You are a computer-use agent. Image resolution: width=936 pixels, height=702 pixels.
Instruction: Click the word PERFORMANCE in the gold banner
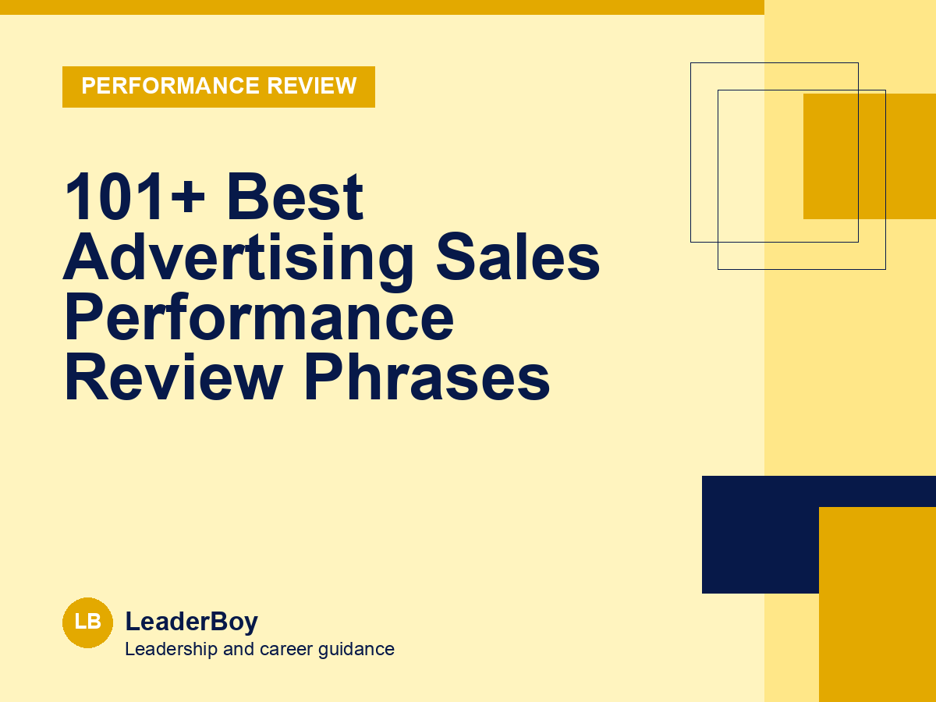171,86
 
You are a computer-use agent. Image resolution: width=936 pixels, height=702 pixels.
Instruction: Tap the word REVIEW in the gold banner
312,86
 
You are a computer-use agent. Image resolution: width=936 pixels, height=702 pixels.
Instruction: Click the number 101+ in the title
134,197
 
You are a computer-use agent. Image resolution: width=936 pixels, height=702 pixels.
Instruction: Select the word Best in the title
295,197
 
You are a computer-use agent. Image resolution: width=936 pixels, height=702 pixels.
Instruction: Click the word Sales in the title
518,257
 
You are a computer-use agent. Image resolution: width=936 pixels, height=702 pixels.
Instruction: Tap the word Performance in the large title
259,317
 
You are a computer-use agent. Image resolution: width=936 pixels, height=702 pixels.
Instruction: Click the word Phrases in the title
427,378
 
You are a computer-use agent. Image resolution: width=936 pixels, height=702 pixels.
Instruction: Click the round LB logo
88,622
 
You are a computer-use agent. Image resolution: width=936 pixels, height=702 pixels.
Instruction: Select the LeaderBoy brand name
191,622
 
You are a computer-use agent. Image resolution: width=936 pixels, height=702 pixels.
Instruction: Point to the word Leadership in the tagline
171,650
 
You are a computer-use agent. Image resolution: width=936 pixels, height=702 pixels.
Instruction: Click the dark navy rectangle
760,534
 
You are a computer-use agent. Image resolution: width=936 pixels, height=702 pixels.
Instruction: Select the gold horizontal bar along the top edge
382,7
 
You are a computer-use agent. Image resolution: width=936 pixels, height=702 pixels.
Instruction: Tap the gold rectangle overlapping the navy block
877,604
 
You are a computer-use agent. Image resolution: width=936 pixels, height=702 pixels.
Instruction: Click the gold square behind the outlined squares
870,156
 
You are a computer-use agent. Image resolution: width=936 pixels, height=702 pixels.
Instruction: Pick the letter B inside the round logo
95,622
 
